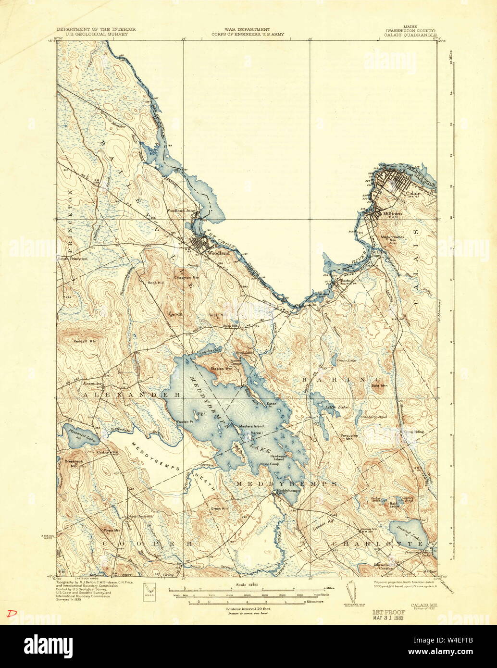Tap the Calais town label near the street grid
(413, 194)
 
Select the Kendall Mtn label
(87, 333)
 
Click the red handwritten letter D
(9, 613)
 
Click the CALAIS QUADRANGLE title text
(410, 35)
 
